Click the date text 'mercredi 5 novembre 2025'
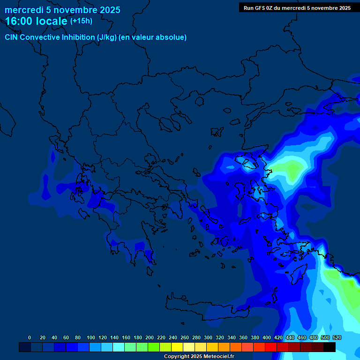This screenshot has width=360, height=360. click(x=62, y=10)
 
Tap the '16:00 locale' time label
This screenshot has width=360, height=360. click(x=37, y=21)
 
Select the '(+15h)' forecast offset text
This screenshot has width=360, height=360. click(x=81, y=21)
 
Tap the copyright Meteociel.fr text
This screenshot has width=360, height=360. click(x=199, y=356)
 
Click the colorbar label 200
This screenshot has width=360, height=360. click(x=150, y=337)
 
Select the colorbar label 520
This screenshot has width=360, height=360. click(x=337, y=337)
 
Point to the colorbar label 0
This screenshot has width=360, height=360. click(x=30, y=337)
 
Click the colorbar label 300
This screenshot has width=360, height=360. click(x=208, y=337)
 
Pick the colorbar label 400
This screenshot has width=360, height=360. click(x=267, y=337)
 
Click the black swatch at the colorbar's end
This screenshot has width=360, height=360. click(x=330, y=347)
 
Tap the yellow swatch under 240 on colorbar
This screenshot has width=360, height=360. click(x=177, y=347)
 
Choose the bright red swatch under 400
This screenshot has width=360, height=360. click(x=270, y=347)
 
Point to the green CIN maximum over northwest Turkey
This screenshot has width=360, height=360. click(x=292, y=170)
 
